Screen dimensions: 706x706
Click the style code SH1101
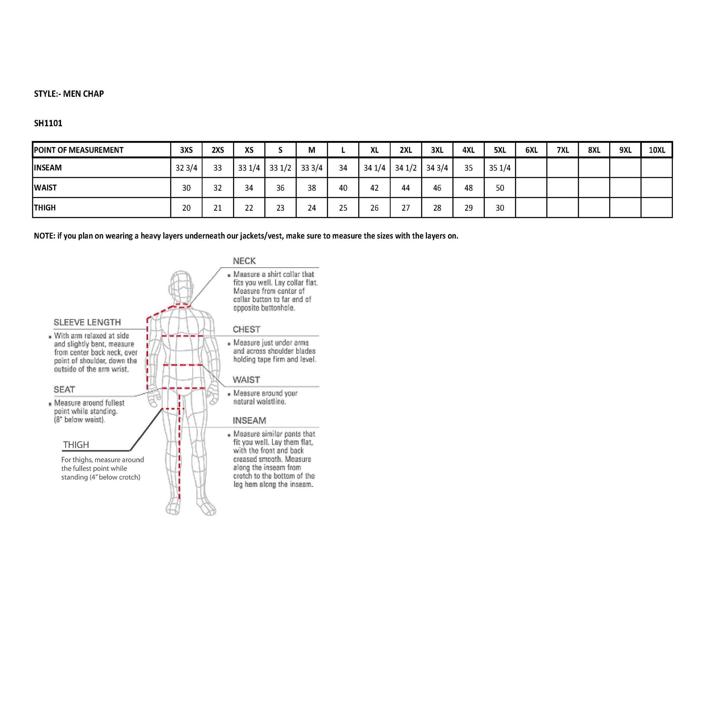[x=48, y=123]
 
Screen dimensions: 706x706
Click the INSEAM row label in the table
[x=48, y=168]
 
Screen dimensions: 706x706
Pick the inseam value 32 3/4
[x=186, y=168]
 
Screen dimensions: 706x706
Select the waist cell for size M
[x=312, y=188]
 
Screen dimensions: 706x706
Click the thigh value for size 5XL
[x=500, y=208]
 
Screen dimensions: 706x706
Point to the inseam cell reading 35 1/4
[x=500, y=168]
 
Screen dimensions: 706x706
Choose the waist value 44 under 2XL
[x=406, y=188]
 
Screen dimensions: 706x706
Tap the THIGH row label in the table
[x=45, y=208]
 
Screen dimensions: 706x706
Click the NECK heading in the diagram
[x=244, y=261]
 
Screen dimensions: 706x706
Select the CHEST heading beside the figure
[x=247, y=329]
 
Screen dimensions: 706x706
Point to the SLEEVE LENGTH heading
[x=87, y=322]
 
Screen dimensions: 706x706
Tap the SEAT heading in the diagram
[x=64, y=390]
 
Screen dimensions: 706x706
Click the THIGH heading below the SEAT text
[x=76, y=445]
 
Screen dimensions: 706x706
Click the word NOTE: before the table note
[x=45, y=236]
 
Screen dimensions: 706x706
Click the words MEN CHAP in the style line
[x=83, y=94]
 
